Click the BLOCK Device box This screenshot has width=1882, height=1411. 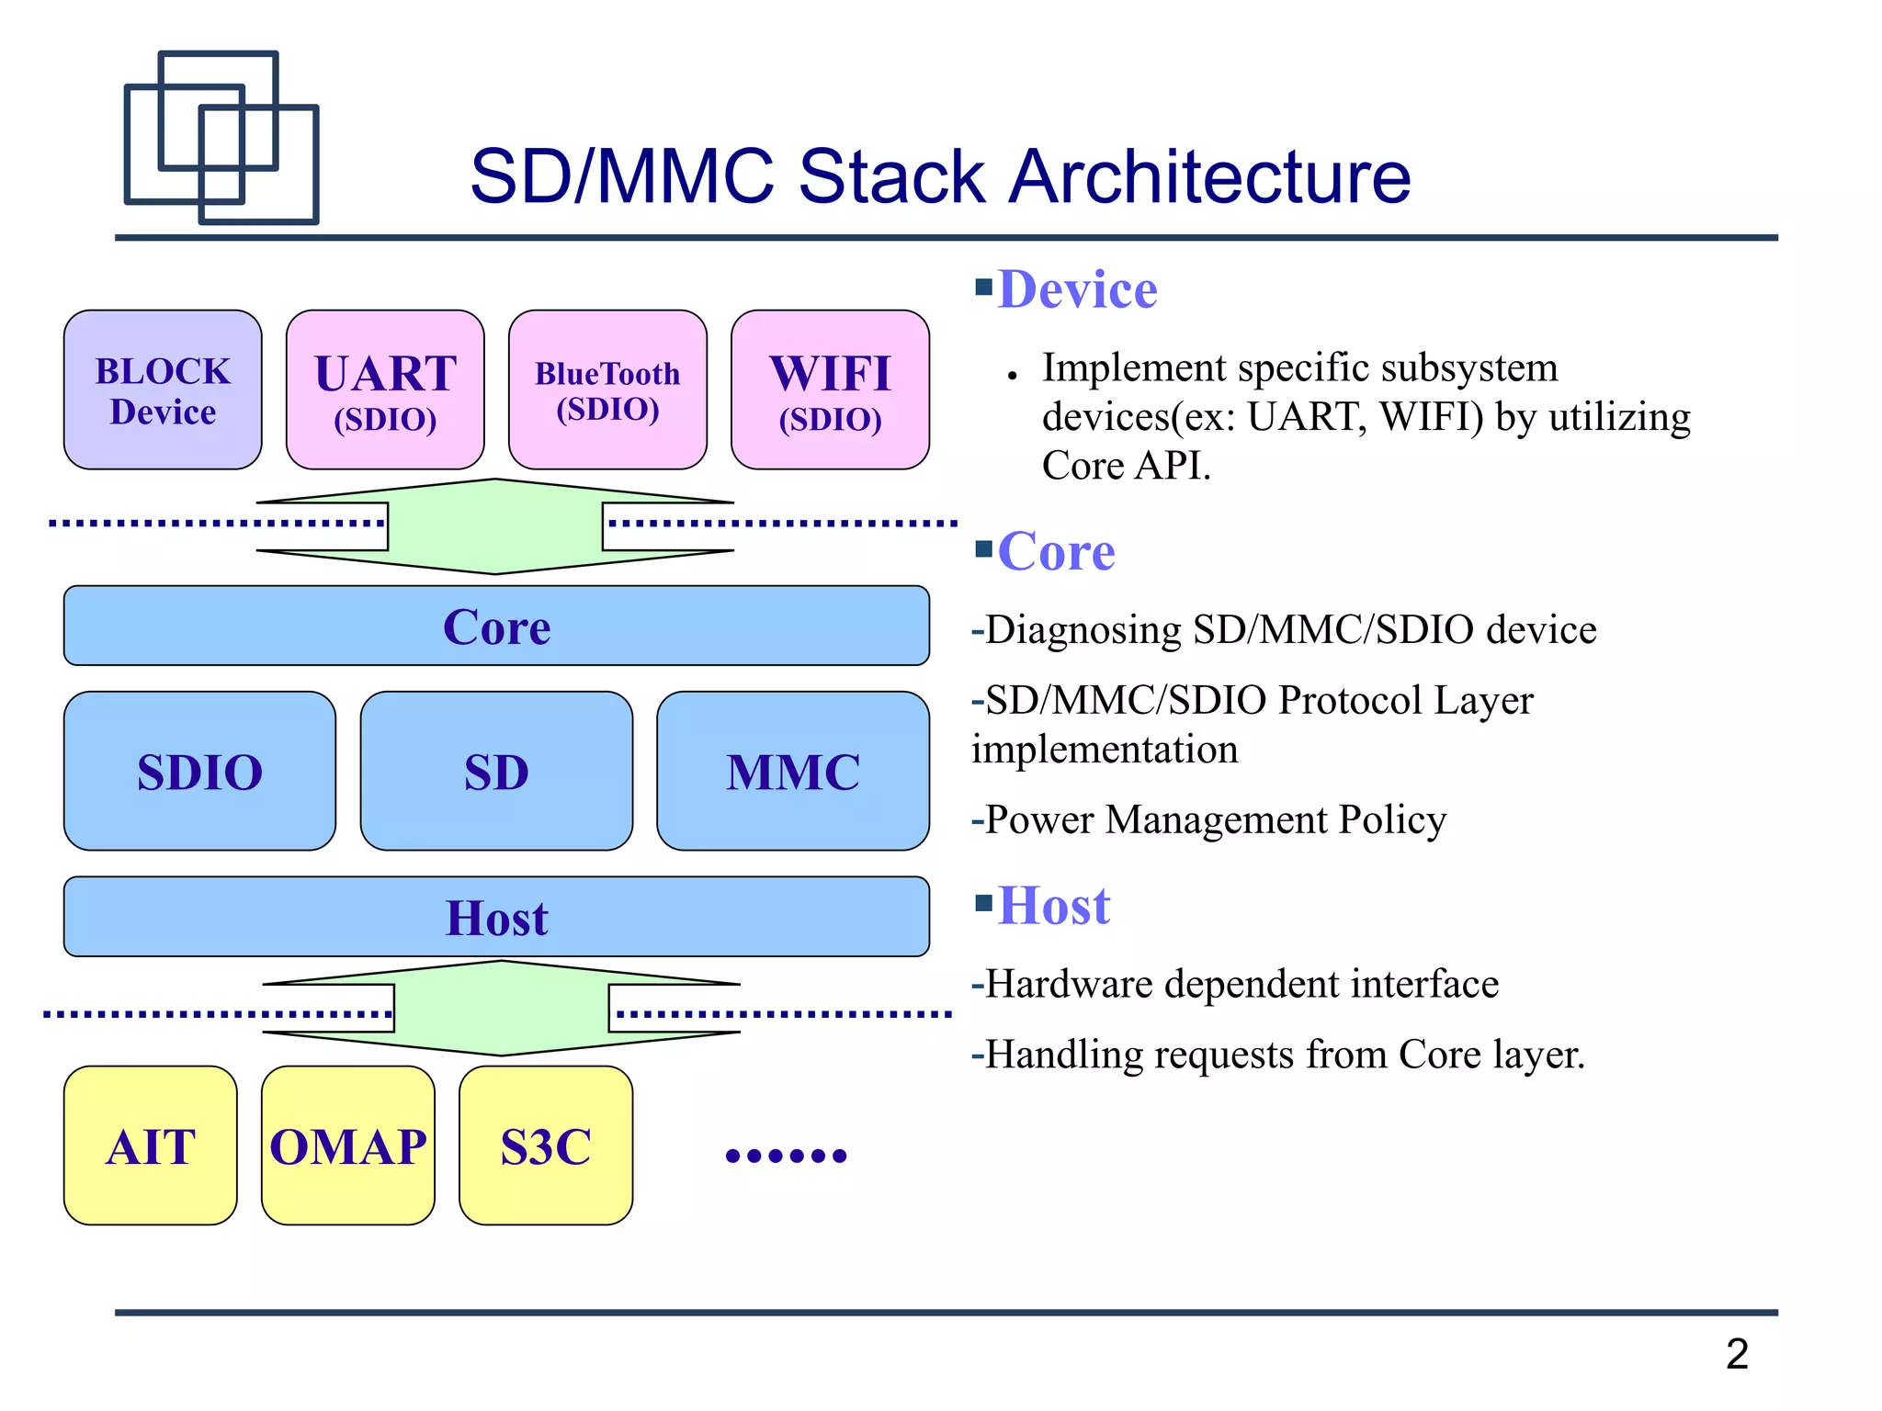coord(163,389)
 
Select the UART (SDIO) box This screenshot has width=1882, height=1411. coord(385,389)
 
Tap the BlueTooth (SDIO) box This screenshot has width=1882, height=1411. coord(607,389)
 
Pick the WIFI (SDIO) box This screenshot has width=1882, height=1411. coord(830,389)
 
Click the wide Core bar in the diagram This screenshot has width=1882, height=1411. coord(496,626)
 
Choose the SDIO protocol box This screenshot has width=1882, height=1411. coord(199,771)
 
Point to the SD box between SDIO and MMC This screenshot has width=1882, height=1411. coord(496,771)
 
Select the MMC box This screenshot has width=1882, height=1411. coord(793,771)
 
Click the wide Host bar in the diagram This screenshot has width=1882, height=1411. coord(496,917)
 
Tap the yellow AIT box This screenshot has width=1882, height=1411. coord(151,1146)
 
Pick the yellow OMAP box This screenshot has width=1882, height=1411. coord(348,1146)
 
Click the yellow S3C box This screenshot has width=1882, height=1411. coord(546,1146)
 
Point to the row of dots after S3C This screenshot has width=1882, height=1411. coord(786,1156)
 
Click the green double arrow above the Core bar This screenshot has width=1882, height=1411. coord(495,526)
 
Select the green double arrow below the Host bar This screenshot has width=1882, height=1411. coord(502,1008)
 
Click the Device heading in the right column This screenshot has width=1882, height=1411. coord(1077,289)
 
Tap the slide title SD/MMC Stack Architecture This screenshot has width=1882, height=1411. coord(940,175)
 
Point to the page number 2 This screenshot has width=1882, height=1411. coord(1737,1353)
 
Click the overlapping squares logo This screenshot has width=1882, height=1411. coord(221,137)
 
